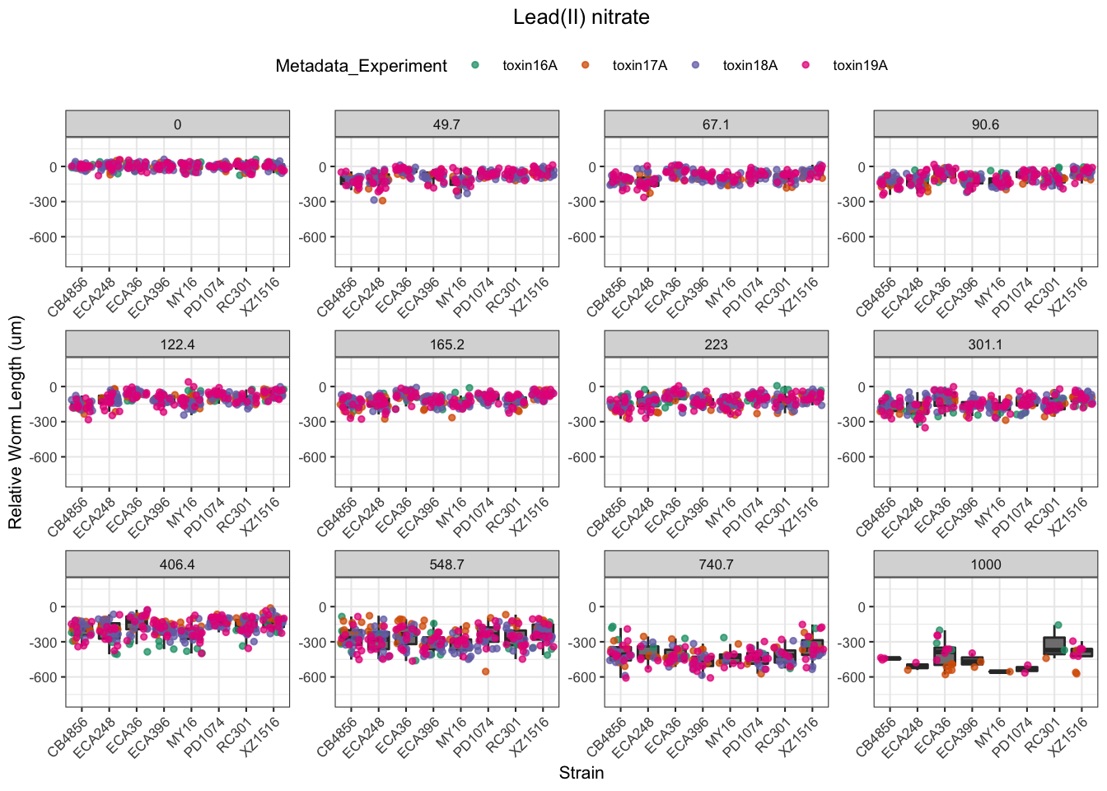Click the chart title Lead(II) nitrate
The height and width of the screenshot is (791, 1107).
tap(581, 17)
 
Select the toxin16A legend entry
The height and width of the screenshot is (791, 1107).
tap(530, 66)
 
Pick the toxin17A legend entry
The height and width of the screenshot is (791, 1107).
tap(639, 66)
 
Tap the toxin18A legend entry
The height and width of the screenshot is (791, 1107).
tap(750, 66)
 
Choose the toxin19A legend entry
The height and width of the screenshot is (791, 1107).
tap(859, 66)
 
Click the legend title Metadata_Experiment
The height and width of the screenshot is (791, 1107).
tap(361, 66)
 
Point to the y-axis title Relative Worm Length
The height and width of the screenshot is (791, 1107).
tap(16, 422)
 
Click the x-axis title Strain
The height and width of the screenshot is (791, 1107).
tap(581, 773)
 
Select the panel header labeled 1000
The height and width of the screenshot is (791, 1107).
tap(985, 564)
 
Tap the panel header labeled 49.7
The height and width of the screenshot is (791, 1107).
tap(446, 124)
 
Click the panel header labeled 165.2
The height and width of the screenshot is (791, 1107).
tap(446, 344)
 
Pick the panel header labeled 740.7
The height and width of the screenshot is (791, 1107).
tap(716, 564)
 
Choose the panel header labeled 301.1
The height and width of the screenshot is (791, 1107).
tap(985, 344)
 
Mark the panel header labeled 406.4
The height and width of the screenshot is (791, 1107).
tap(177, 564)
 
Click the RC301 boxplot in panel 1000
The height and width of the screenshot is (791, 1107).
tap(1054, 645)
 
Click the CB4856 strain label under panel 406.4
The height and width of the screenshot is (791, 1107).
tap(68, 737)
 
